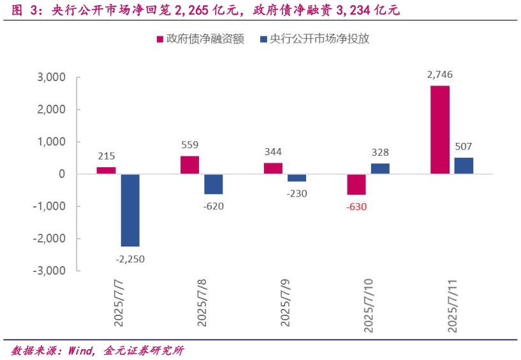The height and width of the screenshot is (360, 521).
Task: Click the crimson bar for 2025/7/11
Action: coord(439,130)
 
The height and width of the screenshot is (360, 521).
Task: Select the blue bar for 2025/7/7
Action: coord(130,210)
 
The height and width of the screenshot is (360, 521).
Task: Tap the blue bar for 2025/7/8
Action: coord(214,184)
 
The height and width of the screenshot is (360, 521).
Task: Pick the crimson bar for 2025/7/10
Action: coord(356,184)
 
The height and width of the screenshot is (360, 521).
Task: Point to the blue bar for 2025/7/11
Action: coord(464,165)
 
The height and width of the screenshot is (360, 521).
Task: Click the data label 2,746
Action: coord(440,75)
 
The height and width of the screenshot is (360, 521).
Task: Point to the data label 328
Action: coord(380,153)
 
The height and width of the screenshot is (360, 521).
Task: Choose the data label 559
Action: coord(190,144)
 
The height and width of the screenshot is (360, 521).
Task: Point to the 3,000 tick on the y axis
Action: coord(52,77)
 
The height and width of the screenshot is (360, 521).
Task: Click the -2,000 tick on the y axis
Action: coord(48,238)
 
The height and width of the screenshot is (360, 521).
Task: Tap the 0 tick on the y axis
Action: coord(62,174)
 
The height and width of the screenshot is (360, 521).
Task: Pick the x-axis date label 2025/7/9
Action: coord(286,301)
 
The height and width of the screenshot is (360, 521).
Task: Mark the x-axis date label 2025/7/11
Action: coord(453,304)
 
